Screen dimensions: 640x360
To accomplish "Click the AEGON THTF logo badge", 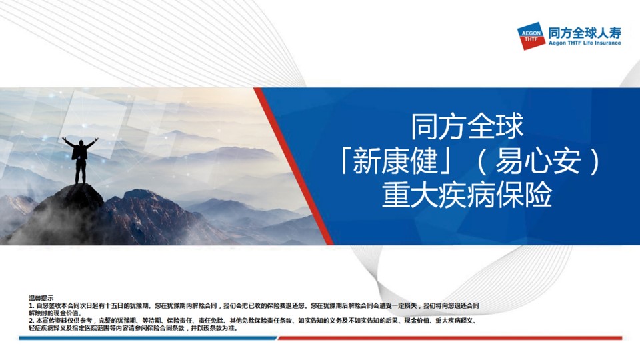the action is point(531,36).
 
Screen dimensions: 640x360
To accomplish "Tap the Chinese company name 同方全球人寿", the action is point(585,32).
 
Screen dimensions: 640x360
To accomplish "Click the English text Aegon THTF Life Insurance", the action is point(585,43).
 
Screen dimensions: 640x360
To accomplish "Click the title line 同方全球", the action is point(467,127).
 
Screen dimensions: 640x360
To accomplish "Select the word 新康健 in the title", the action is point(395,161).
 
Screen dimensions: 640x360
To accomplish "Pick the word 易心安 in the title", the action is point(537,161).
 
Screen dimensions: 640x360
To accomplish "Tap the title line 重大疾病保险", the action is point(467,195).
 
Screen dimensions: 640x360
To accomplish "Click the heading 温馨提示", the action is point(41,298).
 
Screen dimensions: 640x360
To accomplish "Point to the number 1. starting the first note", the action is point(31,305).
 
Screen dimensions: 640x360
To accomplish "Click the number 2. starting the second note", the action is point(31,321).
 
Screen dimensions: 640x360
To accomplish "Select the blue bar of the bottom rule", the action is point(148,338).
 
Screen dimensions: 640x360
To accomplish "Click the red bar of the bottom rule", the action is point(450,338).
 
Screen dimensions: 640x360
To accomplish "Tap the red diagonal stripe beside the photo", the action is point(293,166).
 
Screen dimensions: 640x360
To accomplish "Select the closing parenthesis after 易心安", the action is point(595,161).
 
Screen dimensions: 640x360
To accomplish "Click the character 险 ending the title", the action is point(538,195).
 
